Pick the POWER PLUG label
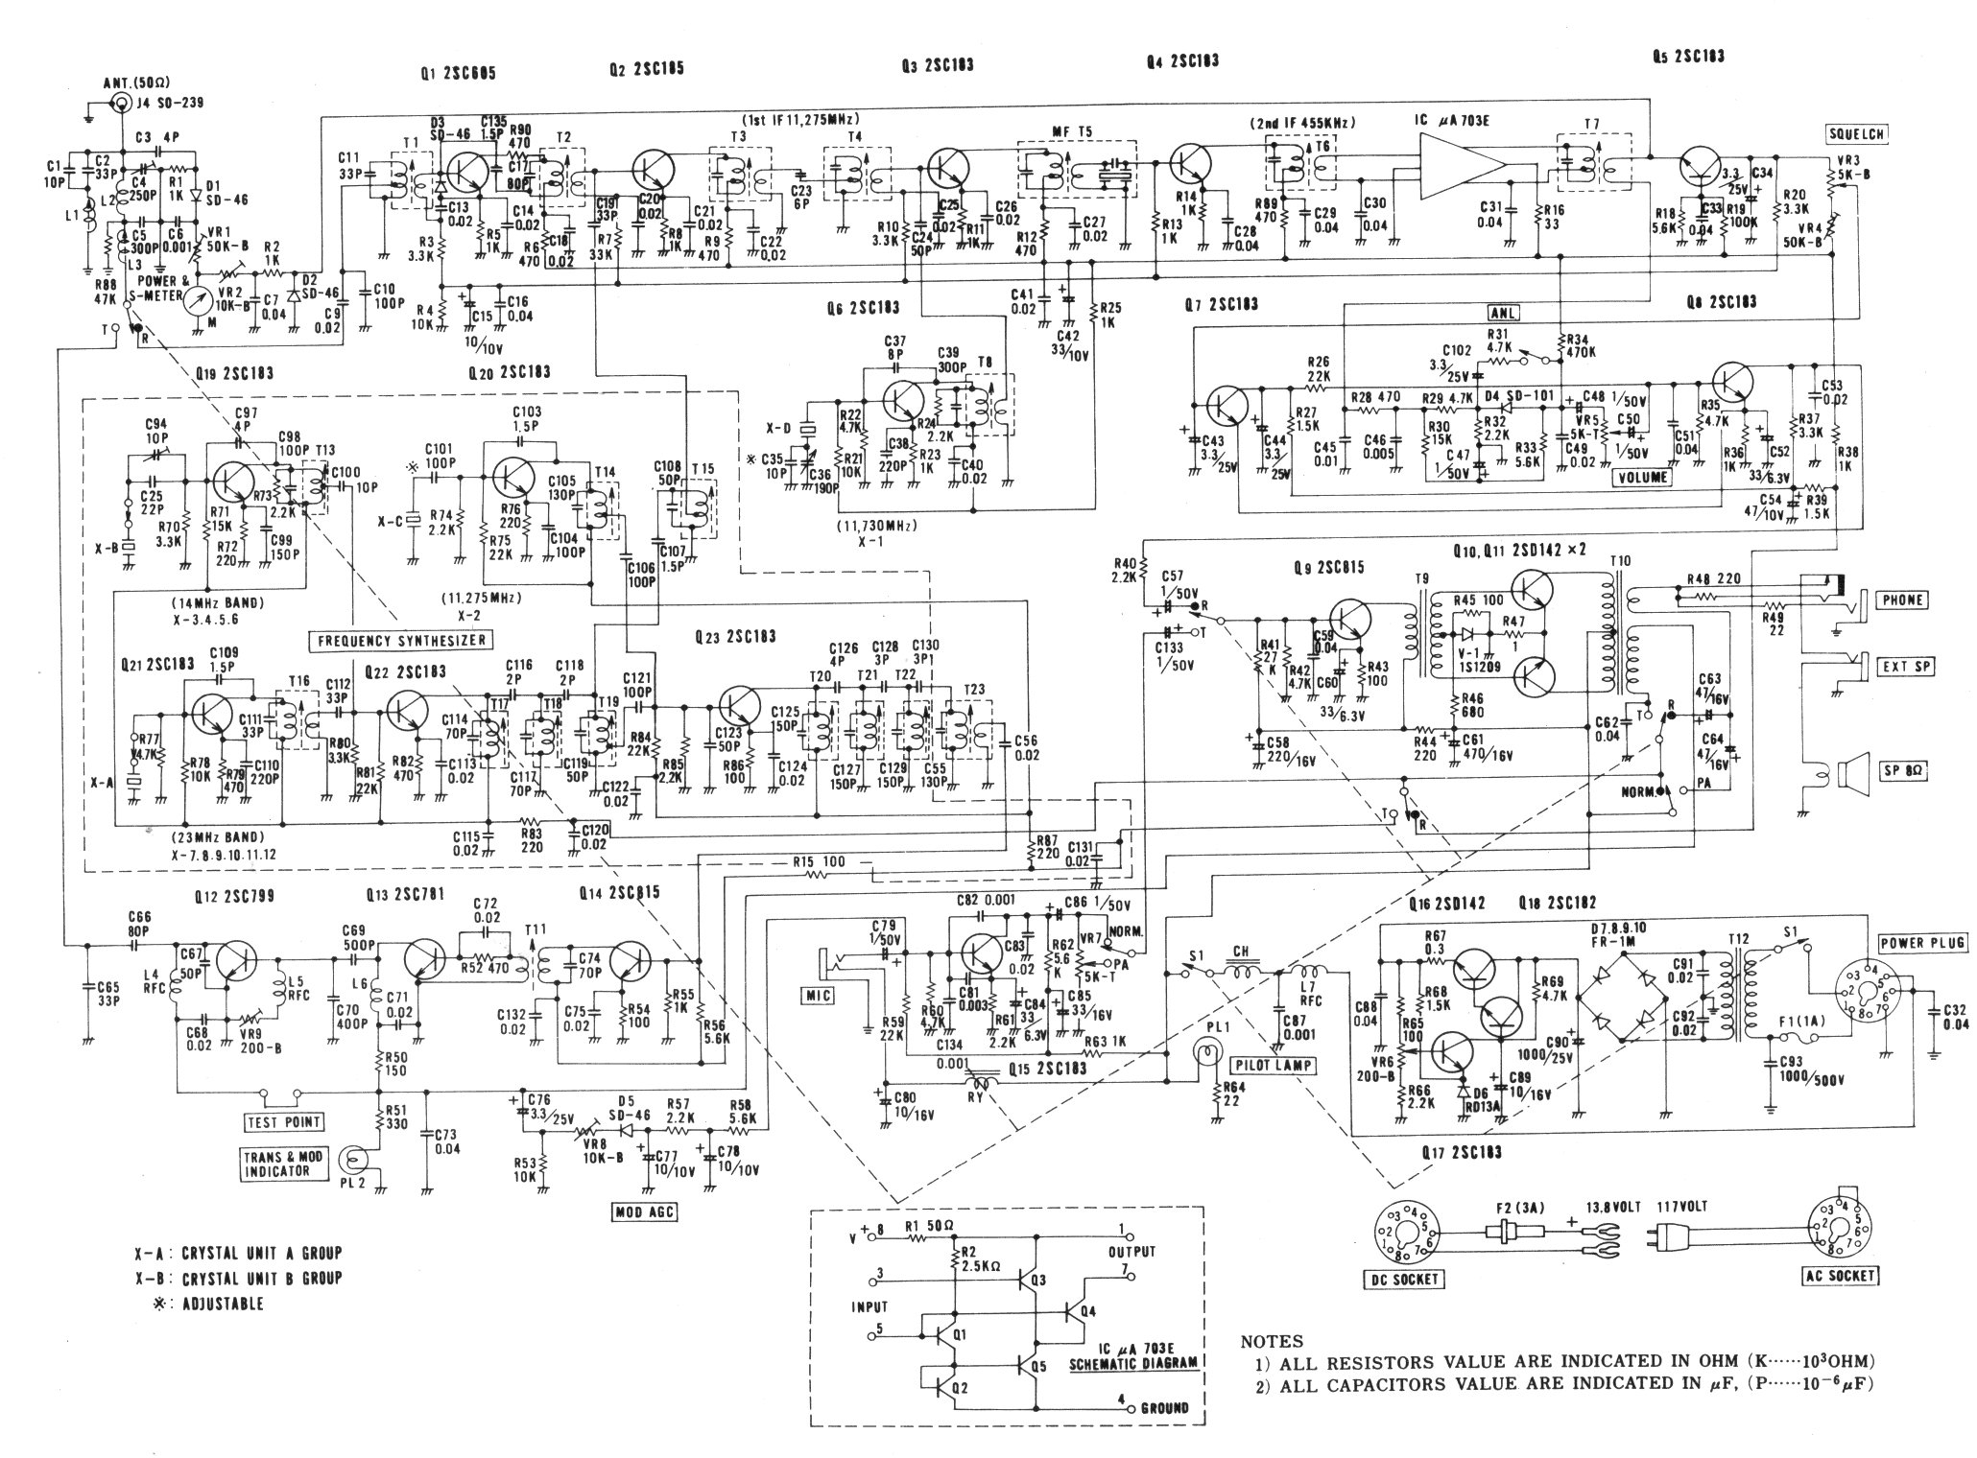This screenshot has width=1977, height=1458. [1909, 942]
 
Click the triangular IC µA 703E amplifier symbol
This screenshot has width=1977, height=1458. [1463, 167]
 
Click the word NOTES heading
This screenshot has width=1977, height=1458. [1272, 1342]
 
